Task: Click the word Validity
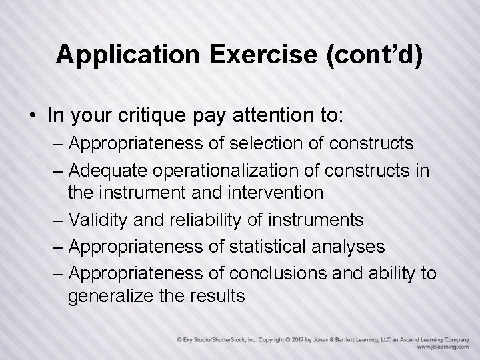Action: (97, 219)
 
